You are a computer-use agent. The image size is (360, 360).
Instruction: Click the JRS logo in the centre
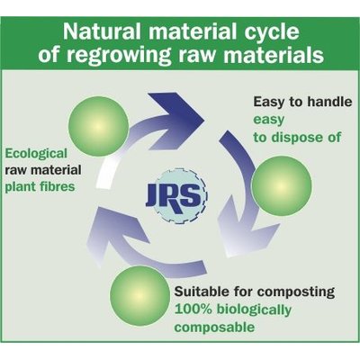177,195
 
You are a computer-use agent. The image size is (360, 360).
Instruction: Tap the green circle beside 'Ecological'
98,126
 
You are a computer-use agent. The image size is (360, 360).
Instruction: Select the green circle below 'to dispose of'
282,185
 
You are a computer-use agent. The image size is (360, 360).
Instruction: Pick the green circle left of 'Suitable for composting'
139,295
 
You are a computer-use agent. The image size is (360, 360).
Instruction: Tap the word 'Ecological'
36,154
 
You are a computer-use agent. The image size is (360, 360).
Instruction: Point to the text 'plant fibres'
40,187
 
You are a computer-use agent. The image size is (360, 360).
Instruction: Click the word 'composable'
214,328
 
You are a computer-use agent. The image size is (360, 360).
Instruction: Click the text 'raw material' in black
43,170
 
